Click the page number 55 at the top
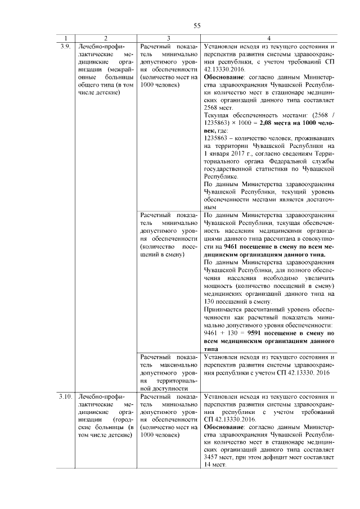click(x=197, y=25)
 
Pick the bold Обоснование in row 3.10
click(x=224, y=427)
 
